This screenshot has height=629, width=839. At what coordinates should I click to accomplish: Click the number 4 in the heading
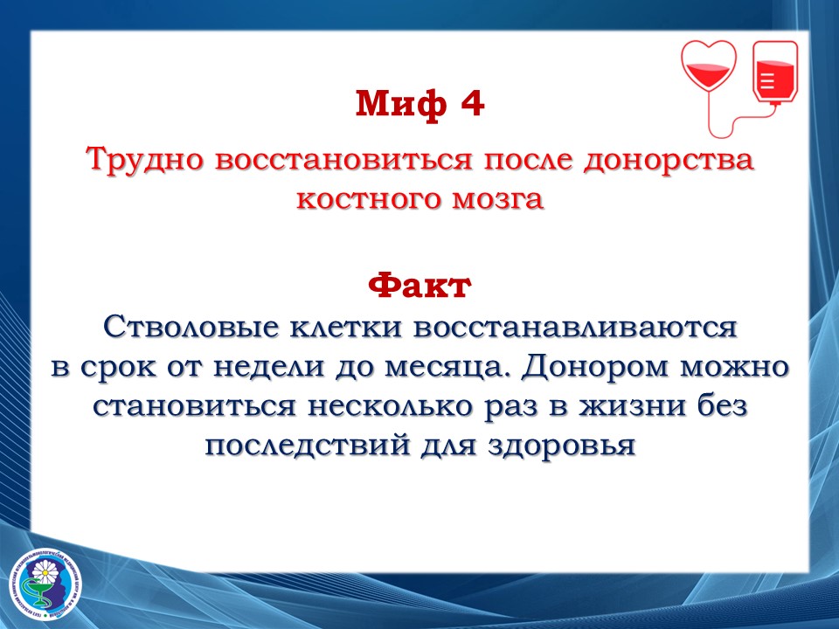pos(473,103)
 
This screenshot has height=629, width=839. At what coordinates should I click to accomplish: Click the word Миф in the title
pos(401,103)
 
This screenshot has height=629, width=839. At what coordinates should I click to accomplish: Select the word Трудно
pos(146,159)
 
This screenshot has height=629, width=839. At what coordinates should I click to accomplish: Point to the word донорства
pos(669,160)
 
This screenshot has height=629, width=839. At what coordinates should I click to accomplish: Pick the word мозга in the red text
pos(499,199)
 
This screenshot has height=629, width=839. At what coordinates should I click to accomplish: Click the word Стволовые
pos(191,326)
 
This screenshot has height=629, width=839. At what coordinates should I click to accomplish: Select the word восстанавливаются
pos(576,327)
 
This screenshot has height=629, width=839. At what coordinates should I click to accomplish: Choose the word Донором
pos(596,368)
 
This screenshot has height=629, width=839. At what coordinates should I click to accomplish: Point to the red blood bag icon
pos(775,73)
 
